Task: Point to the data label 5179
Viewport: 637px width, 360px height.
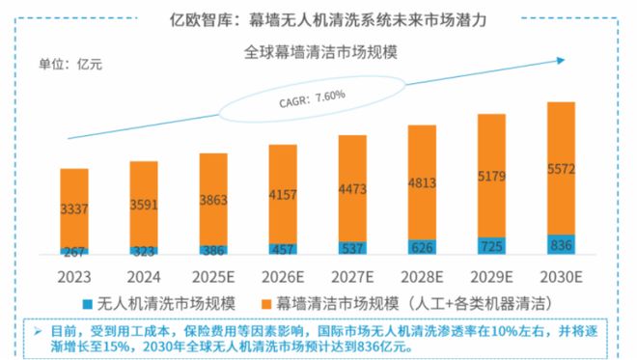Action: point(491,177)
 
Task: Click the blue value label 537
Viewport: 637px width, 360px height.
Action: point(352,249)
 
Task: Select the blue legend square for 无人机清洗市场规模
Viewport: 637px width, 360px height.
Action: point(86,301)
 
